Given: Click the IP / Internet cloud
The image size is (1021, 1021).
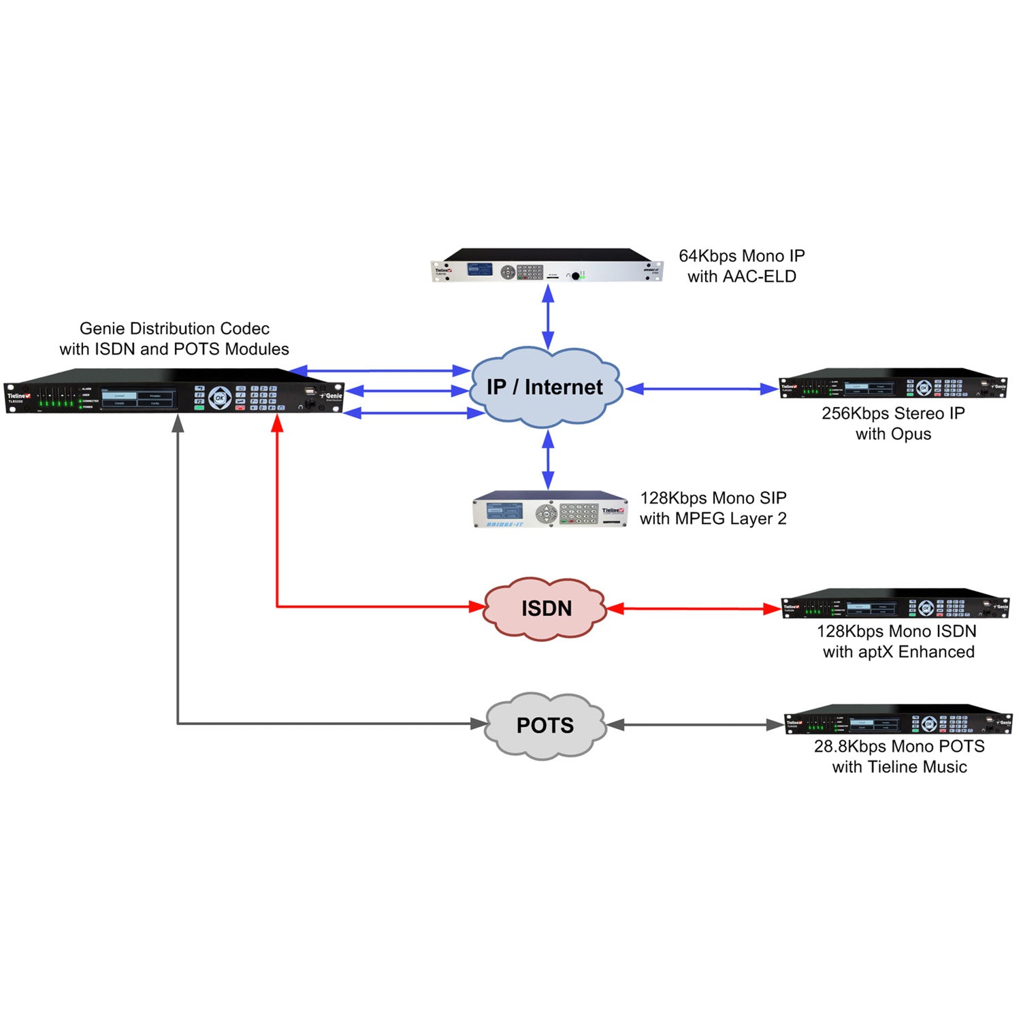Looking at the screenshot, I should click(545, 387).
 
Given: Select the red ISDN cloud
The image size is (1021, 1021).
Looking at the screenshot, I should click(545, 608).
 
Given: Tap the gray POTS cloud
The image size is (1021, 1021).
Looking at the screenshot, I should click(545, 725).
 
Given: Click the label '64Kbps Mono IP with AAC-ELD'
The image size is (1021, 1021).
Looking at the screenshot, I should click(741, 266).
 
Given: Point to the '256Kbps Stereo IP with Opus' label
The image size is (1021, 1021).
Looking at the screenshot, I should click(893, 423).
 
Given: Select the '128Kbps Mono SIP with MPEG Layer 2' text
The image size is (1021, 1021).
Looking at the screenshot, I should click(713, 508).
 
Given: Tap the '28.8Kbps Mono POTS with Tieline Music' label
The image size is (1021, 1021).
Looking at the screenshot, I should click(899, 757).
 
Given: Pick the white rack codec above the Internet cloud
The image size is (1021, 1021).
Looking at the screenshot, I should click(547, 266).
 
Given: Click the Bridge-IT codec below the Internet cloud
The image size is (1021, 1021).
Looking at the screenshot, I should click(551, 510).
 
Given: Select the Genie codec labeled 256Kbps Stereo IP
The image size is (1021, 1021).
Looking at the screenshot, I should click(892, 386).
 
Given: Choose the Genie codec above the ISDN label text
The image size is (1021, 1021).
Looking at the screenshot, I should click(894, 604).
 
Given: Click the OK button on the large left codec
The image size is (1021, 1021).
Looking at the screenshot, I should click(219, 398).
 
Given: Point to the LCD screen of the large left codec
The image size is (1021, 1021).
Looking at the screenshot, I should click(138, 399).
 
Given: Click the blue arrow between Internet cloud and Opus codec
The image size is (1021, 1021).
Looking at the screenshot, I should click(701, 389).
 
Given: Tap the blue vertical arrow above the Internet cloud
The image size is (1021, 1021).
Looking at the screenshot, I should click(548, 318).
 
